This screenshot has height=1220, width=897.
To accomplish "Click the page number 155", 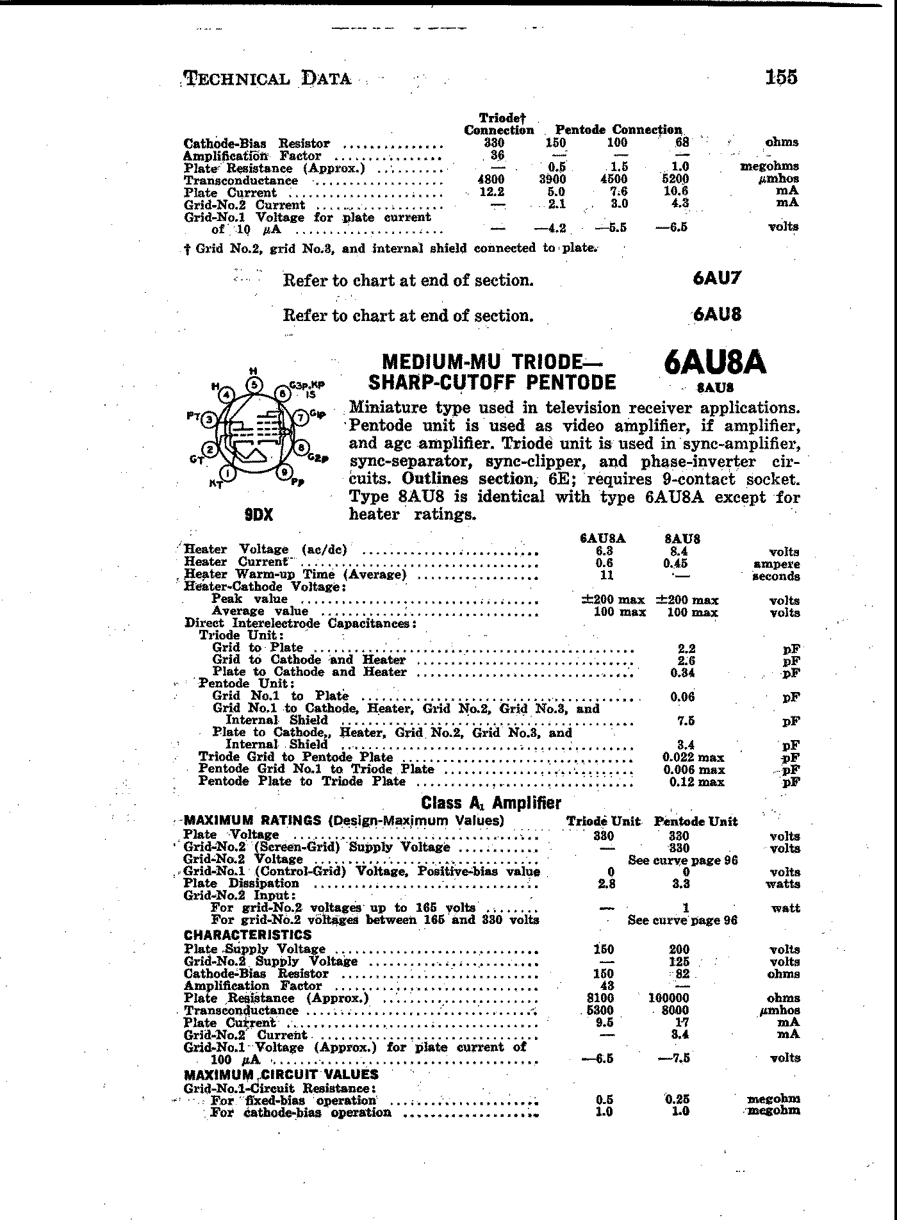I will (780, 77).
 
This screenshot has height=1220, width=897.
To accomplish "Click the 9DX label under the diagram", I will (258, 515).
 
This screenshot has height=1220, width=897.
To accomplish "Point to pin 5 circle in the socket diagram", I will (255, 384).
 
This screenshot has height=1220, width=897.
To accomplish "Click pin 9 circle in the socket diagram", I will (284, 473).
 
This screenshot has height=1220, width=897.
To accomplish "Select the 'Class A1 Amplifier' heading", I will (491, 803).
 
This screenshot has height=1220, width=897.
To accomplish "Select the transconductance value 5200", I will (675, 179).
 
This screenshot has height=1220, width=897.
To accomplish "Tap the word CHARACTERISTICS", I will (247, 935).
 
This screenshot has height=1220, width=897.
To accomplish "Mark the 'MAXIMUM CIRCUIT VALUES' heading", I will (281, 1075).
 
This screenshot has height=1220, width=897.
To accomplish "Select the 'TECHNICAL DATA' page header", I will (267, 79).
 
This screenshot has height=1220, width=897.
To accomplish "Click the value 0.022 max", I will (694, 757).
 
